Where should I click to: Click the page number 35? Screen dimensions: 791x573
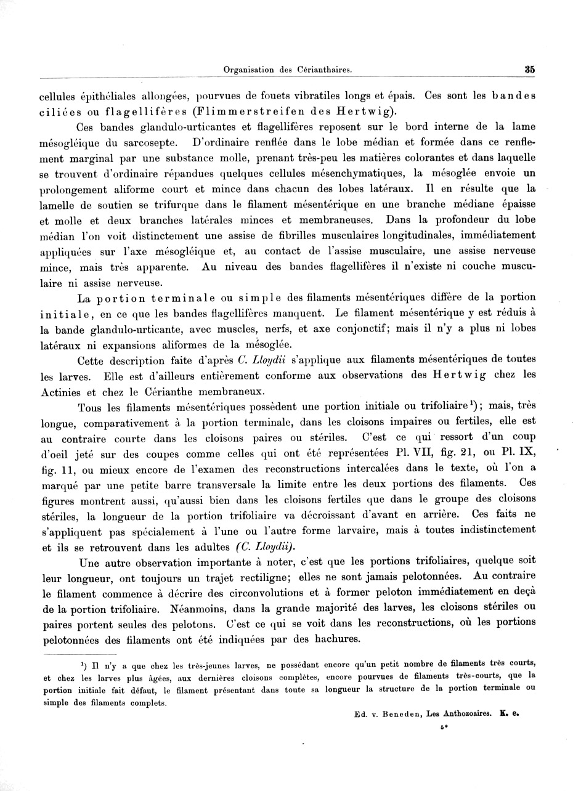(529, 70)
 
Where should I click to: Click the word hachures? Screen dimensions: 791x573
(333, 639)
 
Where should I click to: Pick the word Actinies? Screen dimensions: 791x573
(60, 391)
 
